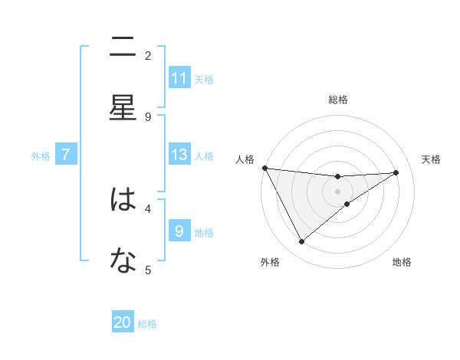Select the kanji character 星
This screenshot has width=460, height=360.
click(123, 108)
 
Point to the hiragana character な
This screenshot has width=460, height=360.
click(123, 261)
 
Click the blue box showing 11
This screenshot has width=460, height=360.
click(179, 78)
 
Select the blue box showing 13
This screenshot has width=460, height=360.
click(179, 155)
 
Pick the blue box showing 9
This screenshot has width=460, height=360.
click(179, 231)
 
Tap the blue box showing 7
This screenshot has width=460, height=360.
click(66, 155)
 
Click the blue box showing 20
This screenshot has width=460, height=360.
click(123, 323)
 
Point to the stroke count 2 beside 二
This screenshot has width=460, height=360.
click(148, 55)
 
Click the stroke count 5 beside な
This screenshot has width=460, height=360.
click(148, 270)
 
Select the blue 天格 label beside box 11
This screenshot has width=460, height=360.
click(204, 79)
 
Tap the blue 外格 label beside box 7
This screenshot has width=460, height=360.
click(41, 155)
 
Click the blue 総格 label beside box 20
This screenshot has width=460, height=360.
click(147, 324)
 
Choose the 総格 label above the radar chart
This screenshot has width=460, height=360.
click(338, 100)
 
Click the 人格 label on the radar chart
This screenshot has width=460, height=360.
click(245, 159)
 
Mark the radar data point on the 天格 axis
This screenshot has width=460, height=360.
click(396, 172)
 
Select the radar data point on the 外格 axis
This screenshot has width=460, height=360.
click(301, 242)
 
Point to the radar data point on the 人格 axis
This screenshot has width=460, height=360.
click(264, 168)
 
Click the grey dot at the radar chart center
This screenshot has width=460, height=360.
click(337, 191)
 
